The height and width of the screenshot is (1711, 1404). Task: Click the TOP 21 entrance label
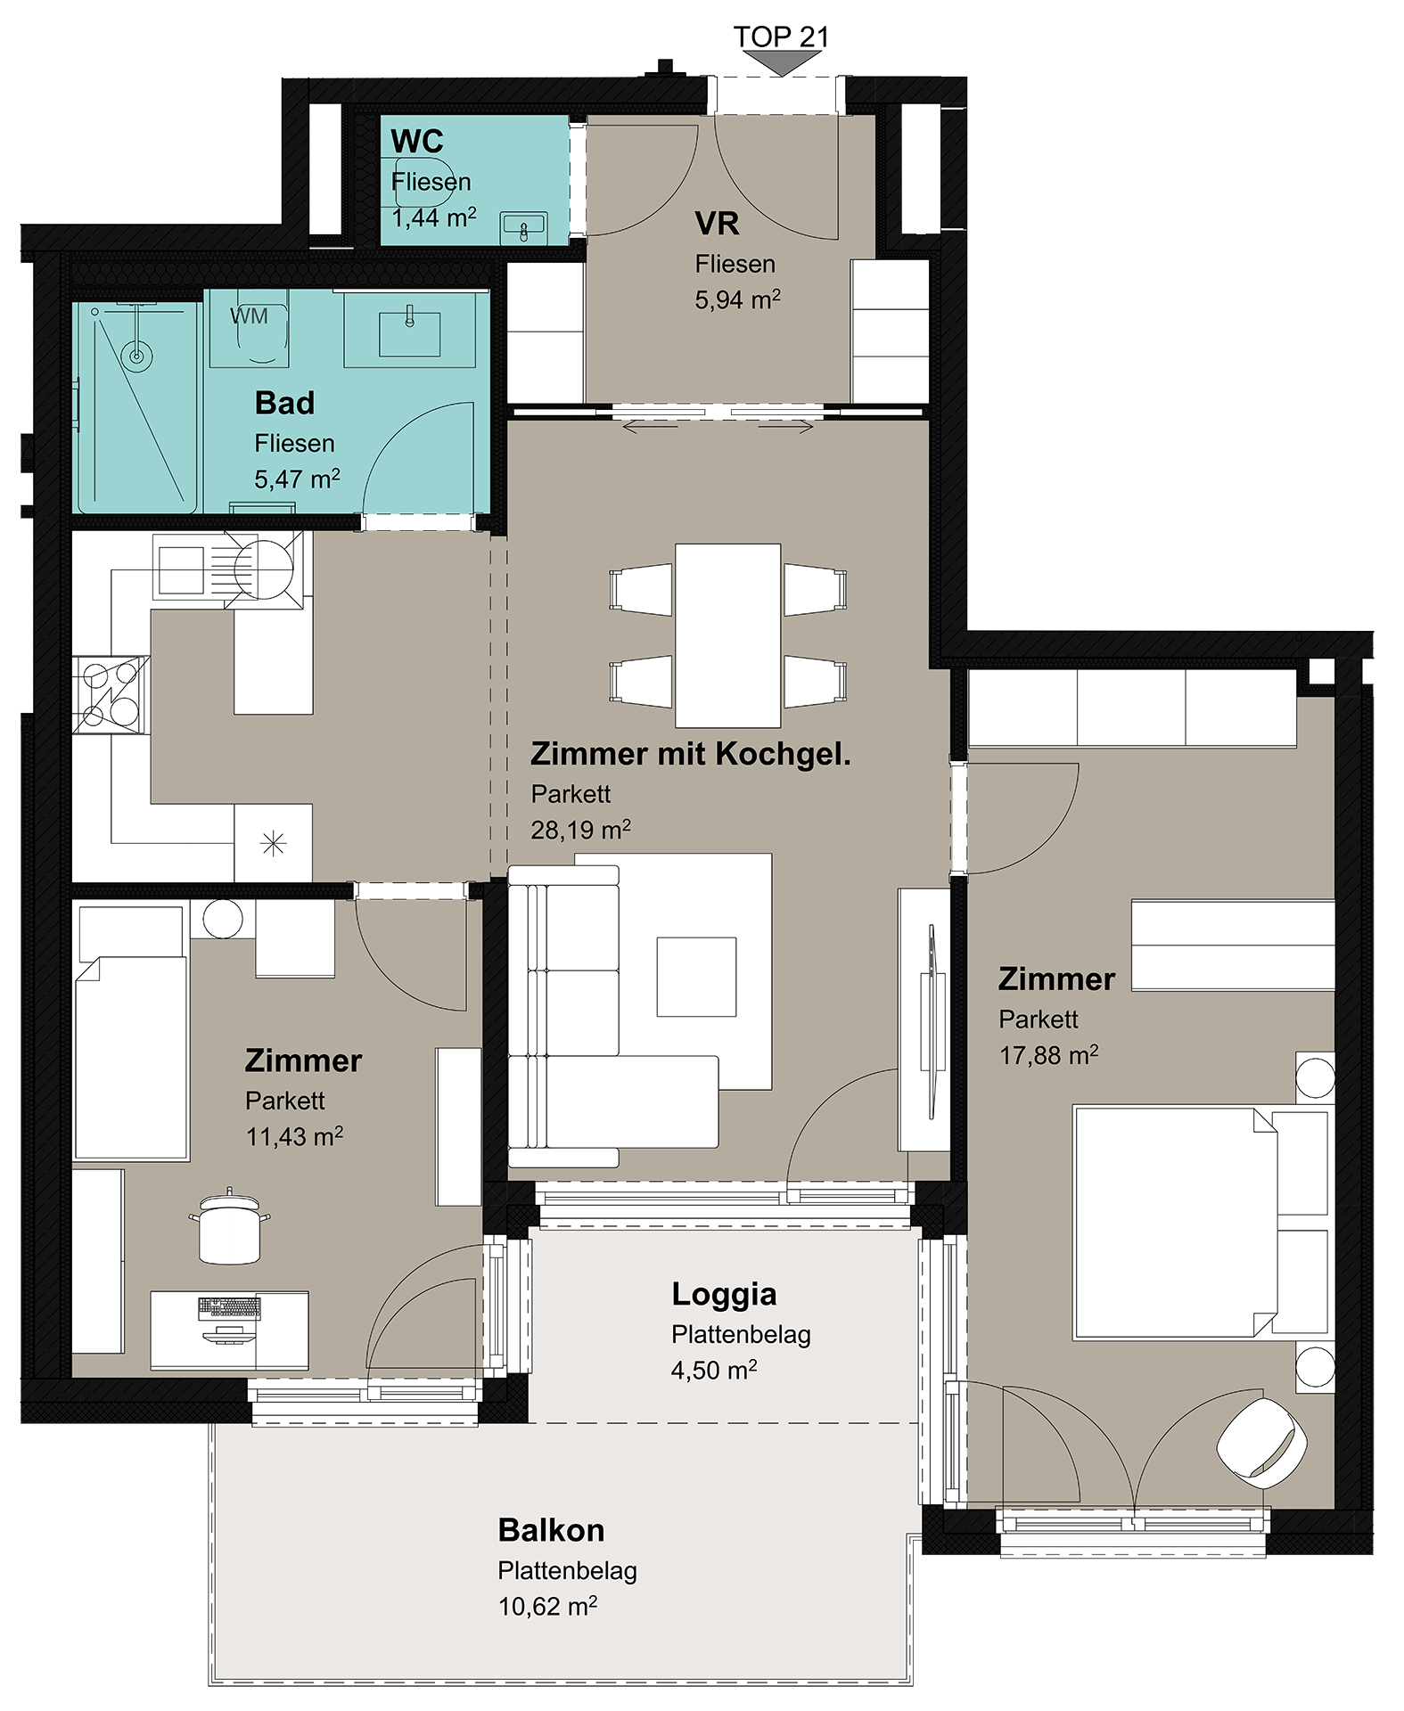click(781, 37)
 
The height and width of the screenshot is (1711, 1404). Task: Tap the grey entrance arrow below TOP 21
click(782, 63)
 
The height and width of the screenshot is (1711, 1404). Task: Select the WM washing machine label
click(249, 316)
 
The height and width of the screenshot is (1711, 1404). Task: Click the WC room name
click(416, 142)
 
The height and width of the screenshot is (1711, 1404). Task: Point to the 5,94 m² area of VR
click(737, 299)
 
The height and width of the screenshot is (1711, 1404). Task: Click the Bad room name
click(284, 403)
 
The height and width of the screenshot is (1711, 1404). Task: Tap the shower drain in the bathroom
click(136, 356)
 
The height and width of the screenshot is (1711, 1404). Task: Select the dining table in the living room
click(727, 635)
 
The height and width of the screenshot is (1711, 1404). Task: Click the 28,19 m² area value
click(580, 830)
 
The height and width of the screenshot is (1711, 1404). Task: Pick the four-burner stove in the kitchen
click(111, 695)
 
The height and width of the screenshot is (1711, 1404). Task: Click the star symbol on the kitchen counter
click(273, 843)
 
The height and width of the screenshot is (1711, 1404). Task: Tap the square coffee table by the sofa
click(696, 977)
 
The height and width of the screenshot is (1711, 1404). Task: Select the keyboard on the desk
click(229, 1307)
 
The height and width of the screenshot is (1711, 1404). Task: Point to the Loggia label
click(724, 1295)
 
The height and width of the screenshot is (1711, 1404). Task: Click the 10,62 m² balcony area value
click(547, 1606)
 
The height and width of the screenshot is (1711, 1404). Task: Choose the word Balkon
click(551, 1530)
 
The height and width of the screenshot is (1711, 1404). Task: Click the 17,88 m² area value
click(1048, 1055)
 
